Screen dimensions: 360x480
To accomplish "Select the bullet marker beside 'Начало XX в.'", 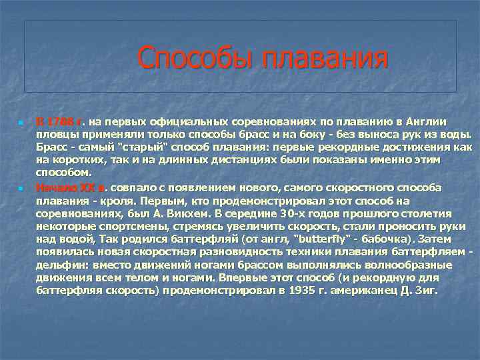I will click(21, 189).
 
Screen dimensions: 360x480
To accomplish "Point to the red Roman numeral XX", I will click(83, 188).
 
